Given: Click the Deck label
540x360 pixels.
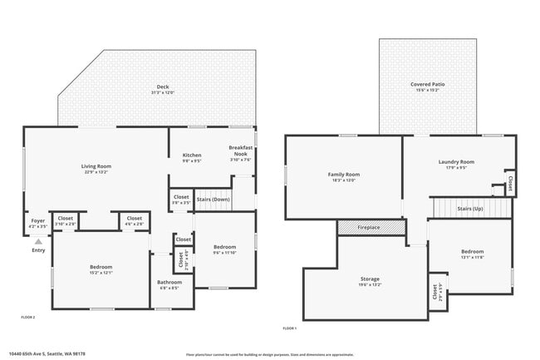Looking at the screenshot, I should (163, 87).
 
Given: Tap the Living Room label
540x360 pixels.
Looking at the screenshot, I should (96, 166).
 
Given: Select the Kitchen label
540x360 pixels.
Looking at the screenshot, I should (192, 155).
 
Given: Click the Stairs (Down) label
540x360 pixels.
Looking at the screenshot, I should (214, 200).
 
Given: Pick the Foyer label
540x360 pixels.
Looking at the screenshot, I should (37, 220).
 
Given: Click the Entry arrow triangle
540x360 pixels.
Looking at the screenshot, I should (38, 240).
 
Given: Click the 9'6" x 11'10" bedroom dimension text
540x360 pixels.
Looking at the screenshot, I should (224, 253).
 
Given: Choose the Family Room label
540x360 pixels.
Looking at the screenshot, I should (342, 174).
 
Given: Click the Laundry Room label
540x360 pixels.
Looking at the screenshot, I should (456, 161).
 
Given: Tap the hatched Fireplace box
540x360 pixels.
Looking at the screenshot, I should (370, 227).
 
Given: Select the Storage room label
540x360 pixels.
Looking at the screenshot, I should (370, 279).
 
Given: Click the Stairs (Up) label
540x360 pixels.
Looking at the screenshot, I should (470, 209).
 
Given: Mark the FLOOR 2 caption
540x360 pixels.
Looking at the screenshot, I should (28, 317).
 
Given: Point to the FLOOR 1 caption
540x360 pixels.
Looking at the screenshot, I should (290, 328).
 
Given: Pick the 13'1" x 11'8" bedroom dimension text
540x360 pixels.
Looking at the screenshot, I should (472, 257).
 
